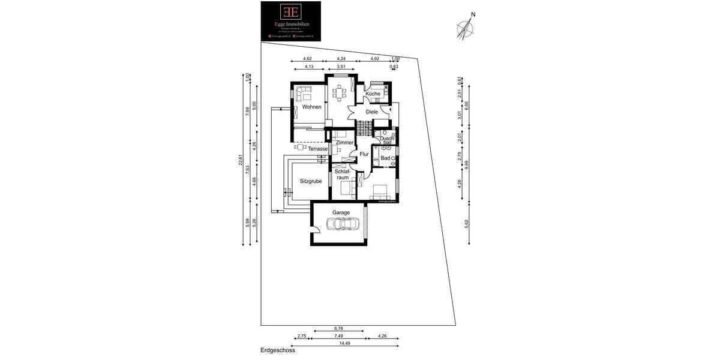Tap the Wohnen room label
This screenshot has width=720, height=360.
pos(312,107)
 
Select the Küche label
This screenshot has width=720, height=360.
pos(373,94)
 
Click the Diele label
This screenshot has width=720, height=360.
pos(371,112)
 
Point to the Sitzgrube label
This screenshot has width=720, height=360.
pos(310,180)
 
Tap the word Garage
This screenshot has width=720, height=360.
pos(341,212)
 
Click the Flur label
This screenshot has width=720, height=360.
pos(364,154)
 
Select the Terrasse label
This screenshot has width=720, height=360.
pos(318,149)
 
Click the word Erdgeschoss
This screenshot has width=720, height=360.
pos(278,350)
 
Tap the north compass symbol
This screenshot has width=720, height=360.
pos(466,28)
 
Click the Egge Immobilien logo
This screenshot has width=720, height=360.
pos(290,21)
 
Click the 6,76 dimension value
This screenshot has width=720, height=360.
pos(338,328)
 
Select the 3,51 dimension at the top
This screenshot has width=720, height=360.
pos(341,67)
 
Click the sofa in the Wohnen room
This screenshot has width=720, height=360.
pos(303,93)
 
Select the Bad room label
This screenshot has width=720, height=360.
pos(385,158)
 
